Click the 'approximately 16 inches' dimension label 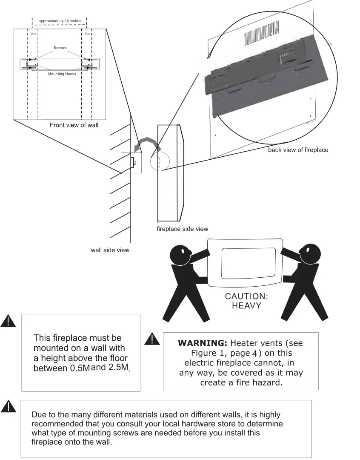(60, 21)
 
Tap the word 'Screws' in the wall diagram (60, 48)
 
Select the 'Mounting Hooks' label (62, 74)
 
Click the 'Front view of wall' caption (74, 125)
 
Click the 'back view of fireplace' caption (298, 150)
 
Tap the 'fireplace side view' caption (183, 229)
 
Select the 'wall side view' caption (110, 250)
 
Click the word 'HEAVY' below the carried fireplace (246, 306)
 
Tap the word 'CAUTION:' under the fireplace (247, 296)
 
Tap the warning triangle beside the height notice (8, 321)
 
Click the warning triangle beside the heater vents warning (151, 339)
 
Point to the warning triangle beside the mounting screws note (8, 406)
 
